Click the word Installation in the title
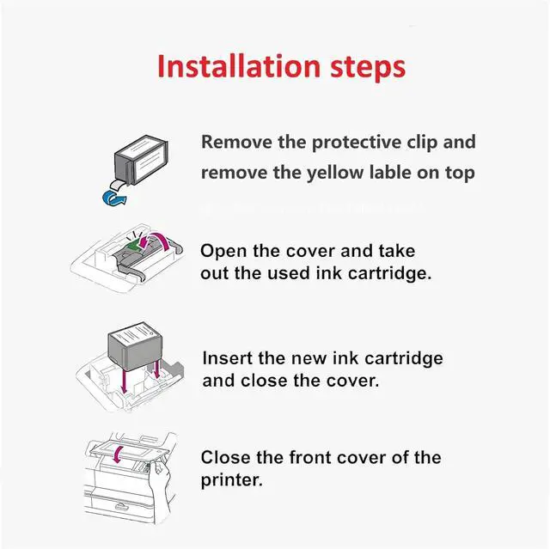coord(239,66)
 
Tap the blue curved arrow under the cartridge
coord(114,198)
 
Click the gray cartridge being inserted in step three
coord(135,346)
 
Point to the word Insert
coord(228,358)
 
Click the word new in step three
coord(309,359)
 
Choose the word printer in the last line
coord(231,480)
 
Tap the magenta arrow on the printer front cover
coord(119,454)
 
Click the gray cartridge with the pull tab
coord(141,160)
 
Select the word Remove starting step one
coord(237,142)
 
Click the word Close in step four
coord(225,457)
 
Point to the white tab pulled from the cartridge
coord(118,184)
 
